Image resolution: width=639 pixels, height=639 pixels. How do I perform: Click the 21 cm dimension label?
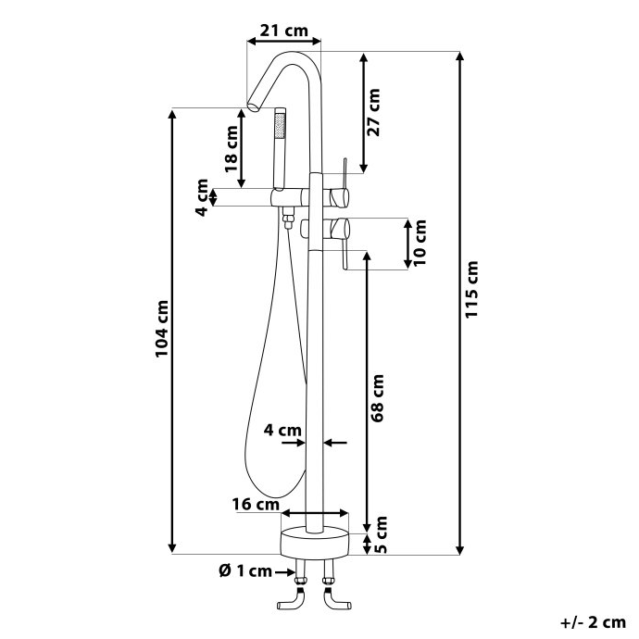284,31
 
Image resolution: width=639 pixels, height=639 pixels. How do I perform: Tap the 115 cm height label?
471,290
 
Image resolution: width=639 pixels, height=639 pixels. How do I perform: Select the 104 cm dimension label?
162,329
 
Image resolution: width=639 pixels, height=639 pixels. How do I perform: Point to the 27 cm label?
374,112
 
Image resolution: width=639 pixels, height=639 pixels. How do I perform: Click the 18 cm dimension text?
232,149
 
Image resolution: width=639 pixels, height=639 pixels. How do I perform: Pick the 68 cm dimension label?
378,398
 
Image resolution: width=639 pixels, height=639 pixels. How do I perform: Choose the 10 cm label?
420,243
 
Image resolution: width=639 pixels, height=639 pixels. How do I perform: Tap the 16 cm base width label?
256,505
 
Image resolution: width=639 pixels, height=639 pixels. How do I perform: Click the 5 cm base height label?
381,534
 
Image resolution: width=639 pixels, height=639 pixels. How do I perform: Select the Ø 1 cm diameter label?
245,571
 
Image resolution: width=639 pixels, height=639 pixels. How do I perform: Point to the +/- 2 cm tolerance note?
593,622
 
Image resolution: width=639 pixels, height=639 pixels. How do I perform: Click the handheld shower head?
280,149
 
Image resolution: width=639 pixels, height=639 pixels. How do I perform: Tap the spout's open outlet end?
253,106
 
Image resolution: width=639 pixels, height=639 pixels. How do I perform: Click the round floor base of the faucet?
315,542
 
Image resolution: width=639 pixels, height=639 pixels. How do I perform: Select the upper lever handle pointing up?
345,173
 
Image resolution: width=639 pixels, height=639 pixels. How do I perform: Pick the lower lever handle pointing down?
345,254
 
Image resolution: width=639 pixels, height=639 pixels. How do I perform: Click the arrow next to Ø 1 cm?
284,572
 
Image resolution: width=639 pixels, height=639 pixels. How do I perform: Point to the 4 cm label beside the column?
282,430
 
